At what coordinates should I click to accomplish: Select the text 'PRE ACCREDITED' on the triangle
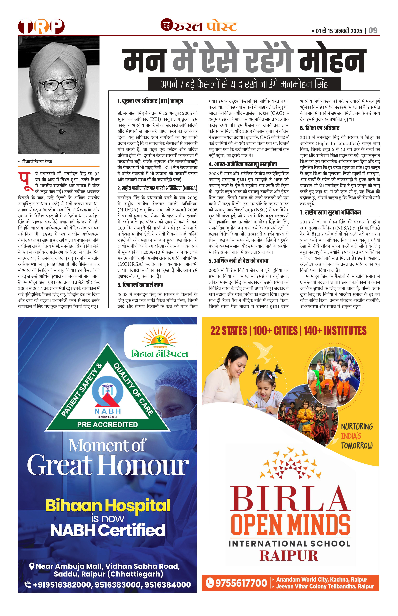click(x=107, y=425)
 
